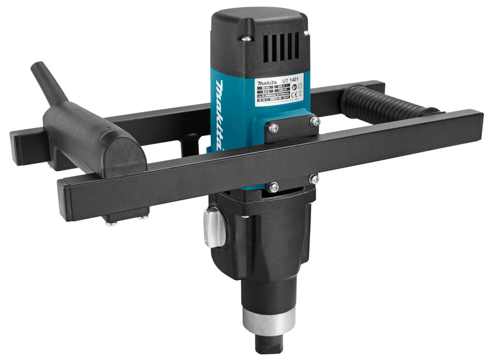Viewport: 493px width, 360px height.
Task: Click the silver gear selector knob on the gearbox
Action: [x=215, y=226]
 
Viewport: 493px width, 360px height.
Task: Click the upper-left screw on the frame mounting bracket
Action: [x=274, y=127]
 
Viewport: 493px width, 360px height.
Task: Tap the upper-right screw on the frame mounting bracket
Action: [x=314, y=121]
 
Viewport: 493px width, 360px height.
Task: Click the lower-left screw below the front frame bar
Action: [x=274, y=187]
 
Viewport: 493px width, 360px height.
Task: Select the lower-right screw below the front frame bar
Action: [x=314, y=179]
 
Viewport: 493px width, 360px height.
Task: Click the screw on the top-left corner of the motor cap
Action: [x=247, y=38]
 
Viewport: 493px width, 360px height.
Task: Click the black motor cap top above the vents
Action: [x=258, y=18]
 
